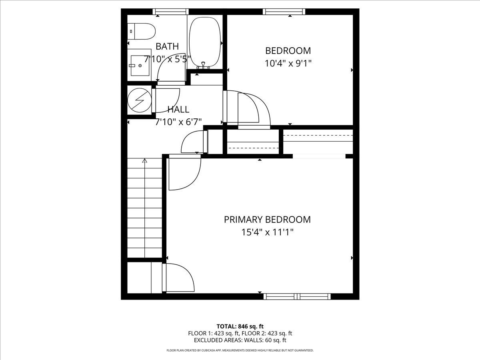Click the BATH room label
pyautogui.click(x=167, y=46)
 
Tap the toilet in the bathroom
pyautogui.click(x=141, y=32)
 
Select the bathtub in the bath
pyautogui.click(x=205, y=42)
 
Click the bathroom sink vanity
pyautogui.click(x=139, y=65)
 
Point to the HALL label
pyautogui.click(x=178, y=110)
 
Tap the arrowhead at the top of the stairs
pyautogui.click(x=144, y=161)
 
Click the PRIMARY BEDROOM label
pyautogui.click(x=267, y=220)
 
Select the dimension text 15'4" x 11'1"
pyautogui.click(x=267, y=232)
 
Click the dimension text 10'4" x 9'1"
pyautogui.click(x=288, y=63)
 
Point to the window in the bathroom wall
pyautogui.click(x=170, y=12)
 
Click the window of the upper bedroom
pyautogui.click(x=284, y=12)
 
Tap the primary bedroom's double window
pyautogui.click(x=297, y=297)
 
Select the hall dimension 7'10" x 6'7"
pyautogui.click(x=178, y=122)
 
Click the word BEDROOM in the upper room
pyautogui.click(x=288, y=51)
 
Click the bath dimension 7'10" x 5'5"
pyautogui.click(x=167, y=59)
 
